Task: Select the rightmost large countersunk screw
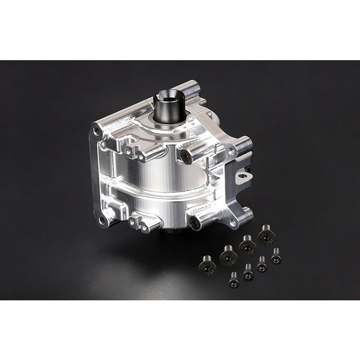(266, 235)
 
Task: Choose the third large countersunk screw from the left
(247, 244)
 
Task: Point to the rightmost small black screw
(276, 256)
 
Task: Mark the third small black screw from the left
(262, 264)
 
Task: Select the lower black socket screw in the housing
(196, 222)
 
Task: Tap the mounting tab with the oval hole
(243, 177)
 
